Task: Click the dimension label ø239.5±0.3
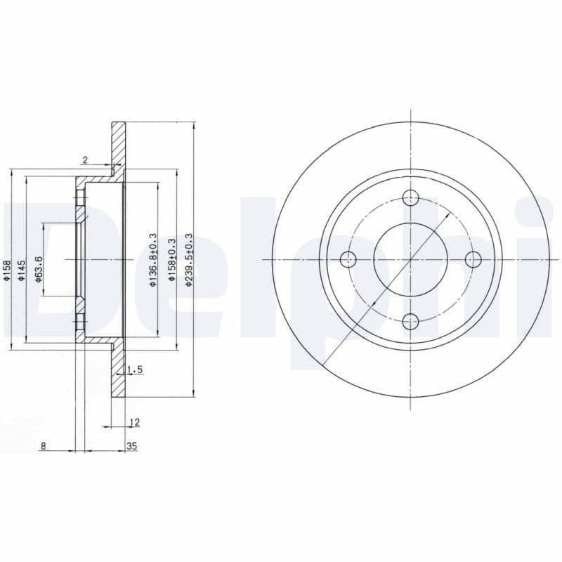(188, 260)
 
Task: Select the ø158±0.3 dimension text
(171, 260)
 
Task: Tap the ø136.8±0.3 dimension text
(152, 260)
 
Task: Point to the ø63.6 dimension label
(40, 269)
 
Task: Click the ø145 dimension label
(22, 271)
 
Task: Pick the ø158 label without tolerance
(7, 271)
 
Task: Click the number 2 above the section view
(84, 160)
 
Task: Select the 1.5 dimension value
(136, 369)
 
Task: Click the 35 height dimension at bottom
(131, 445)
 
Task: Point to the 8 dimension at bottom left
(43, 445)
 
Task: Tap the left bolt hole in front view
(348, 260)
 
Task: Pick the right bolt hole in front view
(473, 260)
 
